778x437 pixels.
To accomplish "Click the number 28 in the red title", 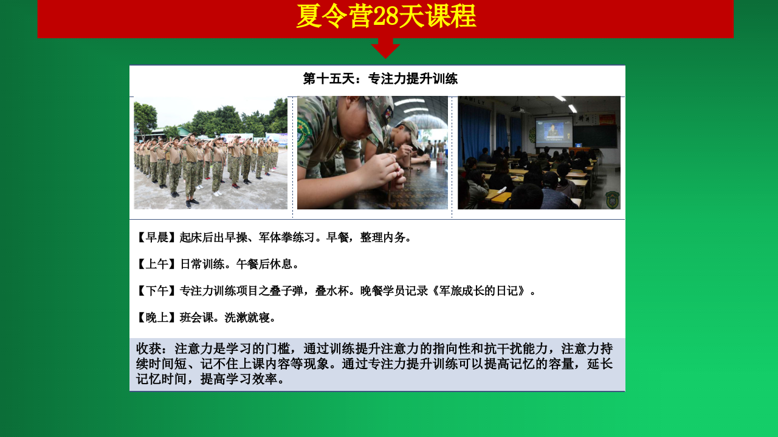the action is tap(385, 16).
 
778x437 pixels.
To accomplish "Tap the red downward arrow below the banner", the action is tap(385, 48).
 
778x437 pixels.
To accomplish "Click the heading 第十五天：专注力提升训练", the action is tap(380, 79).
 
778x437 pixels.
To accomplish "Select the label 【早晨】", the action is tap(156, 237).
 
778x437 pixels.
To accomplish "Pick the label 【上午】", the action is tap(156, 264).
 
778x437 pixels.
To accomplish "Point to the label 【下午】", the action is tap(156, 291).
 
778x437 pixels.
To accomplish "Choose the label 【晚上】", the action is tap(156, 317).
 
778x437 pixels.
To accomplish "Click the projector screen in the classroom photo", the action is tap(554, 132).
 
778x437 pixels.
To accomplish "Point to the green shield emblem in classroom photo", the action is tap(612, 200).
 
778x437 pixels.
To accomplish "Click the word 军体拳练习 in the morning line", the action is tap(286, 237).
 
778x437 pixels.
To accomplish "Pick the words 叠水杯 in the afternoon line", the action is tap(332, 291).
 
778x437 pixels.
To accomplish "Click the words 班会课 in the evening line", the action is tap(196, 317).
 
